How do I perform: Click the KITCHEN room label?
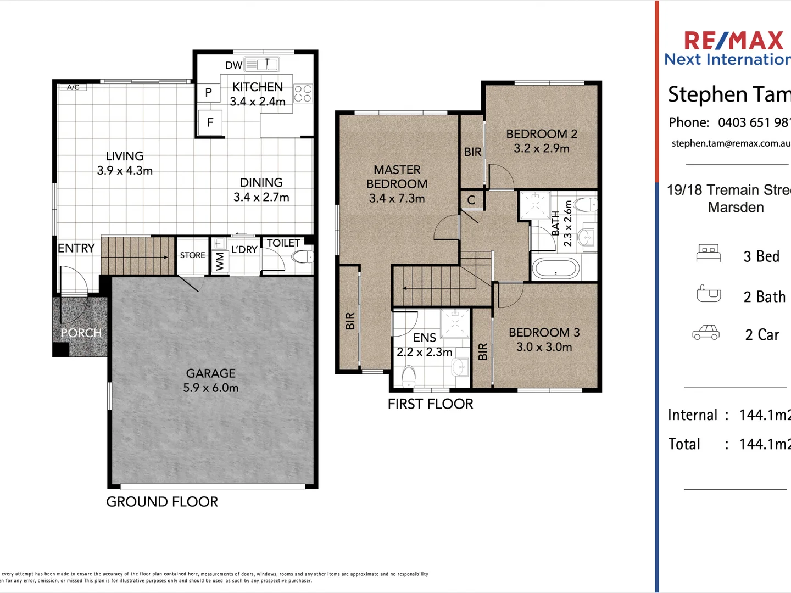(257, 87)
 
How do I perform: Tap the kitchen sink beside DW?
(262, 65)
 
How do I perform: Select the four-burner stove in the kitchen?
(303, 93)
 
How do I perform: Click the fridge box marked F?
(210, 122)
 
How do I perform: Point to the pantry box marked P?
(208, 93)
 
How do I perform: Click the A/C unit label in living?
(73, 87)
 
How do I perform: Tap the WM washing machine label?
(220, 261)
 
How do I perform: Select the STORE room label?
(192, 255)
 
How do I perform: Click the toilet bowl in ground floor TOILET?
(302, 256)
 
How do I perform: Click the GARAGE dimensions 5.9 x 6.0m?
(211, 388)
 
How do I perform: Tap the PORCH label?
(81, 333)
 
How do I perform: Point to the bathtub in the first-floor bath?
(556, 268)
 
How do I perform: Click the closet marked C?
(471, 200)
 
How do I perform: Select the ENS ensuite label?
(425, 337)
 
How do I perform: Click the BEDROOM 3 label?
(544, 332)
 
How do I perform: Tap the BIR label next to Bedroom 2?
(472, 152)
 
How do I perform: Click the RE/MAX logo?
(733, 41)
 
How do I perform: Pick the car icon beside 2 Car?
(706, 333)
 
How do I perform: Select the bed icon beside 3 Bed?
(708, 253)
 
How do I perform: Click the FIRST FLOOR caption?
(430, 404)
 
